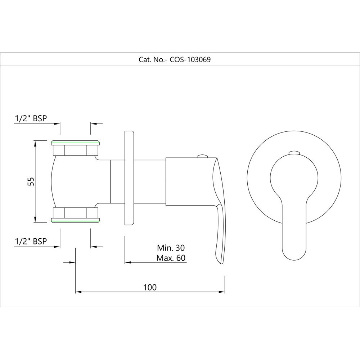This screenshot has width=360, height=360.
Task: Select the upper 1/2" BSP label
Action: coord(31,118)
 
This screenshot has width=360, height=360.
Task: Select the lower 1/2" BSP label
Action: coord(31,242)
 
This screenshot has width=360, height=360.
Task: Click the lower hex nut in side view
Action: coord(76,215)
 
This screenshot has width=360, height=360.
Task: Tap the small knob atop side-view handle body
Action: coord(203,156)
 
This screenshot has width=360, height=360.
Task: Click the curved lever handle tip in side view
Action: coord(220,259)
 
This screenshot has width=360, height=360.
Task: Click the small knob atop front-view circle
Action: coord(294,152)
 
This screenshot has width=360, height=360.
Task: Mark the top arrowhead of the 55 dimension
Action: coord(35,143)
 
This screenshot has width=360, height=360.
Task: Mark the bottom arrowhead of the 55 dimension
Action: coord(35,220)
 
